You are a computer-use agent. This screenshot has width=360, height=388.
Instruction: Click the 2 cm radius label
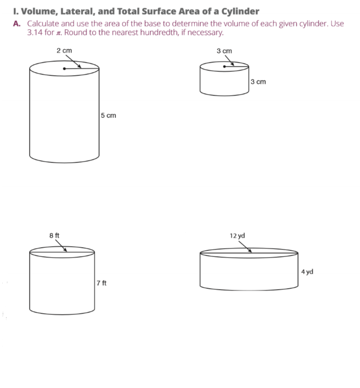click(64, 51)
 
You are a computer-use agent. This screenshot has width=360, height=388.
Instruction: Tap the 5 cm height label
click(108, 115)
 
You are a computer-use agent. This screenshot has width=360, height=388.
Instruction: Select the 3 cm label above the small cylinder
click(224, 51)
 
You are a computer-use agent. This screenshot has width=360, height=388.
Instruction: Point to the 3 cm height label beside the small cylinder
click(258, 82)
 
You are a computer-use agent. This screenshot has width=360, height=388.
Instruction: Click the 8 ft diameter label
click(54, 235)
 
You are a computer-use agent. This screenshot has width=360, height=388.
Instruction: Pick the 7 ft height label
click(102, 283)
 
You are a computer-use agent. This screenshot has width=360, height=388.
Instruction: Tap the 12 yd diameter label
click(237, 236)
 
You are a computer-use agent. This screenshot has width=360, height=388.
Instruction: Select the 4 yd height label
click(307, 272)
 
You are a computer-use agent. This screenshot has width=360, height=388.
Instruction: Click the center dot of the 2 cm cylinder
click(64, 68)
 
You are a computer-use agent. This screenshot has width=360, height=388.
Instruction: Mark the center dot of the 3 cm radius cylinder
click(224, 66)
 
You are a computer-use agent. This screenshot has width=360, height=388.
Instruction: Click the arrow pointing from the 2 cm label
click(73, 61)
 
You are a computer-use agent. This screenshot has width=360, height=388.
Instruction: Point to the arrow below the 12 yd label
click(245, 247)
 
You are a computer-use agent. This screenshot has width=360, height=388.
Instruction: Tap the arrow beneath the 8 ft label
click(61, 245)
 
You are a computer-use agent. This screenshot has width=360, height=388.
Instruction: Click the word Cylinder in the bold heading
click(240, 11)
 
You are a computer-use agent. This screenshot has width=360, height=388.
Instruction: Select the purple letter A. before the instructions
click(17, 24)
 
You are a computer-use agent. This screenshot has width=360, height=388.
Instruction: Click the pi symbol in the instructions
click(58, 33)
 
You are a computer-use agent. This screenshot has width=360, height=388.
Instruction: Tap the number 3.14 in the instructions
click(35, 32)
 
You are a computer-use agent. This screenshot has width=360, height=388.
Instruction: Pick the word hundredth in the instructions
click(159, 32)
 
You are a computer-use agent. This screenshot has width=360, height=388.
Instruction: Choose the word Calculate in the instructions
click(43, 24)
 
